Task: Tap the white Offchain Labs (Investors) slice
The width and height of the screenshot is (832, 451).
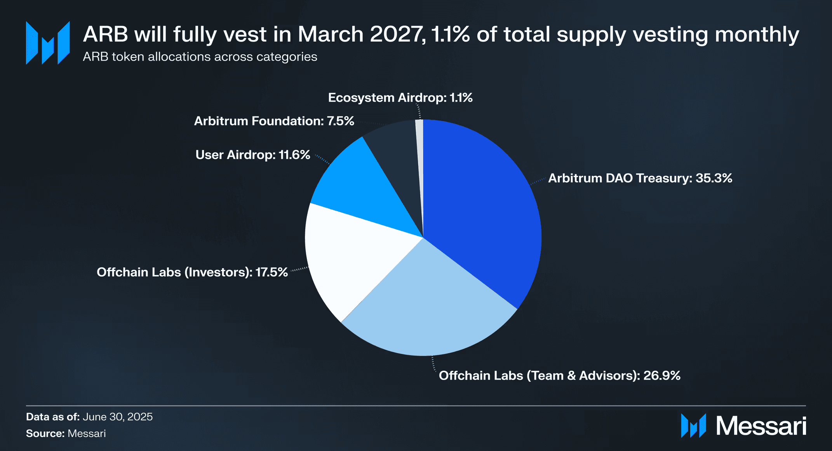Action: [350, 256]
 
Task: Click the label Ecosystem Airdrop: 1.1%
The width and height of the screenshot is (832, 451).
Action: [400, 97]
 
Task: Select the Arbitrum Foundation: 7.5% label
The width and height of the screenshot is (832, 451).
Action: [274, 121]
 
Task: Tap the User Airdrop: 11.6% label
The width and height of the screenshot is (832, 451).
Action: [252, 155]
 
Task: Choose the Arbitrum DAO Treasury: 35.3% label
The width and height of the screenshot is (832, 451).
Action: [640, 178]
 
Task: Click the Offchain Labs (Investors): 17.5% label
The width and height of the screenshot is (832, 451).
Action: [192, 272]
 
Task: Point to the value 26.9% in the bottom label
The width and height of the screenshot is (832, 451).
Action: [662, 376]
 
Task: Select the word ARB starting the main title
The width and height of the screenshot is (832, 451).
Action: [105, 34]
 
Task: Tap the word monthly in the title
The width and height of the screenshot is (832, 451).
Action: [757, 34]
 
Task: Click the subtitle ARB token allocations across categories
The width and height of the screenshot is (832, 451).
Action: [200, 57]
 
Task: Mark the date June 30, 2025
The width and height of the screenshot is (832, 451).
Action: [118, 417]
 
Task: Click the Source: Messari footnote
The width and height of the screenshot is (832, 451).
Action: [66, 434]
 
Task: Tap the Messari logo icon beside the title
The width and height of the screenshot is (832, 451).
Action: [47, 43]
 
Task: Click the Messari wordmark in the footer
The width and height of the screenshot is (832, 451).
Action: [761, 426]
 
